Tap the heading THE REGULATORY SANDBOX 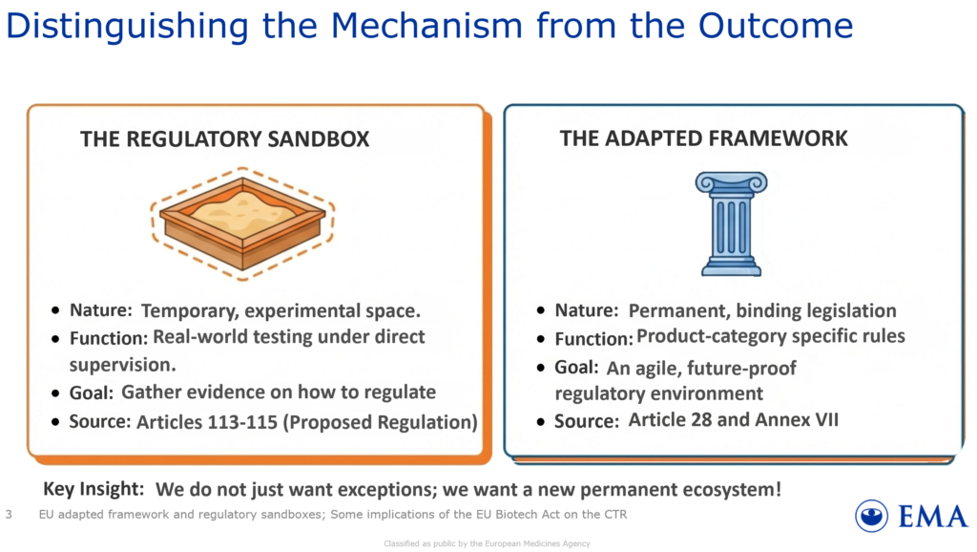[224, 139]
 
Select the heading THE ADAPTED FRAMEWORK [703, 138]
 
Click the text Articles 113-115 [207, 421]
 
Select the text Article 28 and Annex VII [733, 419]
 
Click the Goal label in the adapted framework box [576, 368]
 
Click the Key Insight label [94, 490]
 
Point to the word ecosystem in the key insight [729, 490]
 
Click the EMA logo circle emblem [871, 517]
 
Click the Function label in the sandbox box [108, 338]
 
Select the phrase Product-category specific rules [771, 336]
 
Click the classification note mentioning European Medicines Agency [487, 543]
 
